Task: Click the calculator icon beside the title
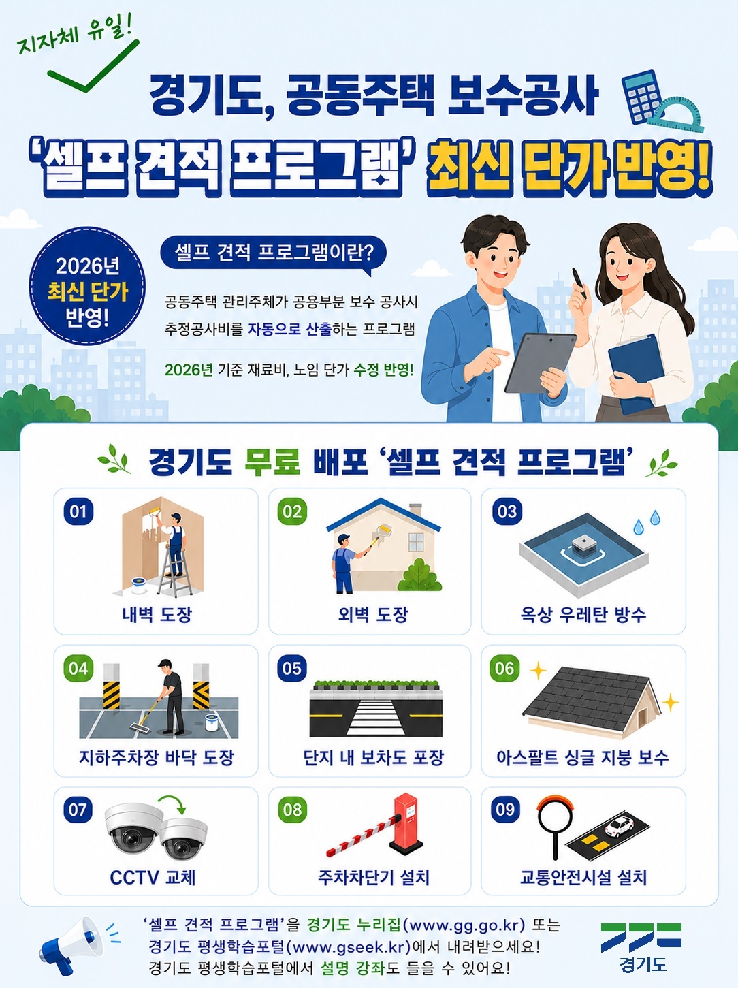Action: point(643,97)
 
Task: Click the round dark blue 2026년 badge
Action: point(87,286)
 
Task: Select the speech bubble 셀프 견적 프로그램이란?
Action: point(273,254)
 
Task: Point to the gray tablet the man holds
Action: point(539,363)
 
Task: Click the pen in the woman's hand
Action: point(579,283)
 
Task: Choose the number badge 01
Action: point(78,511)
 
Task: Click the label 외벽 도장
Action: point(373,614)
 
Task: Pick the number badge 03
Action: point(507,511)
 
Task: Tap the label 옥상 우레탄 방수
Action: point(583,614)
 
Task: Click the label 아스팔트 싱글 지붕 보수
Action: point(583,758)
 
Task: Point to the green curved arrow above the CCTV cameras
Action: point(173,804)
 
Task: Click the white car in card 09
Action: point(620,827)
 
